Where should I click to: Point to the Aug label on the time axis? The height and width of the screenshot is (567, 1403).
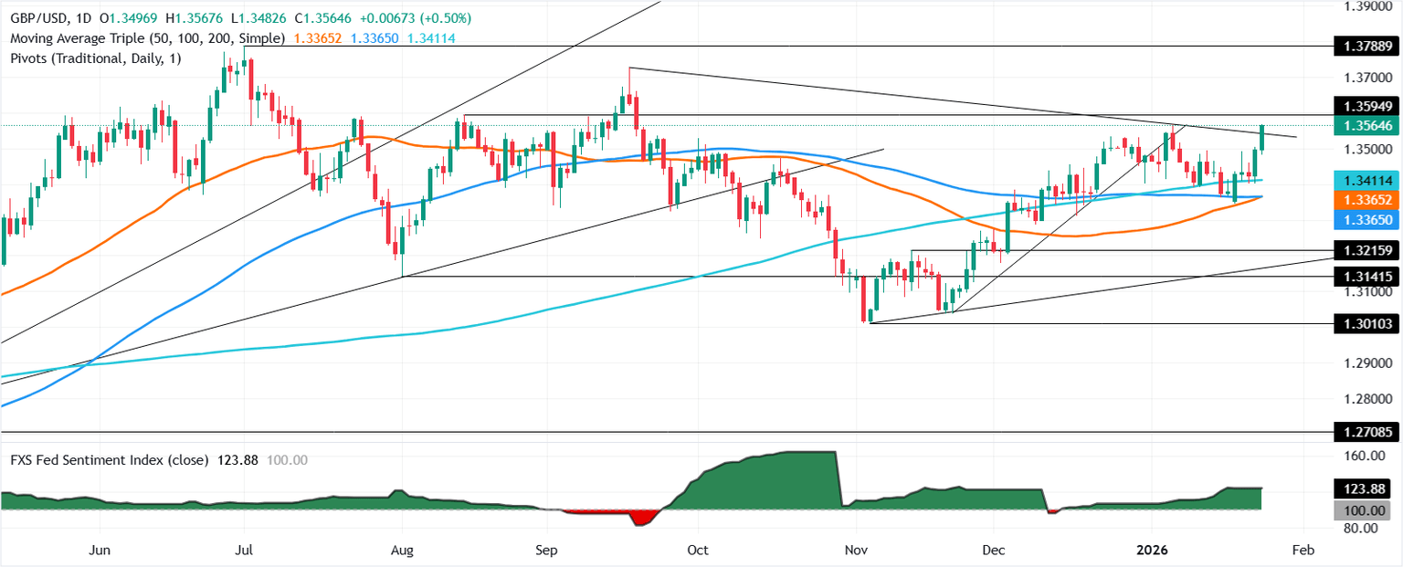pyautogui.click(x=402, y=551)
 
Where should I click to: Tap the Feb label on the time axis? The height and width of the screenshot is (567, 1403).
pyautogui.click(x=1303, y=551)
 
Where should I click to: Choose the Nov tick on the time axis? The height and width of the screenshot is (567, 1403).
pyautogui.click(x=856, y=551)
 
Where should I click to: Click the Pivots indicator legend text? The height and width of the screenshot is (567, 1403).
pyautogui.click(x=91, y=58)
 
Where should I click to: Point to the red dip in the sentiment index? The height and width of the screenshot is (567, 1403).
pyautogui.click(x=644, y=518)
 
